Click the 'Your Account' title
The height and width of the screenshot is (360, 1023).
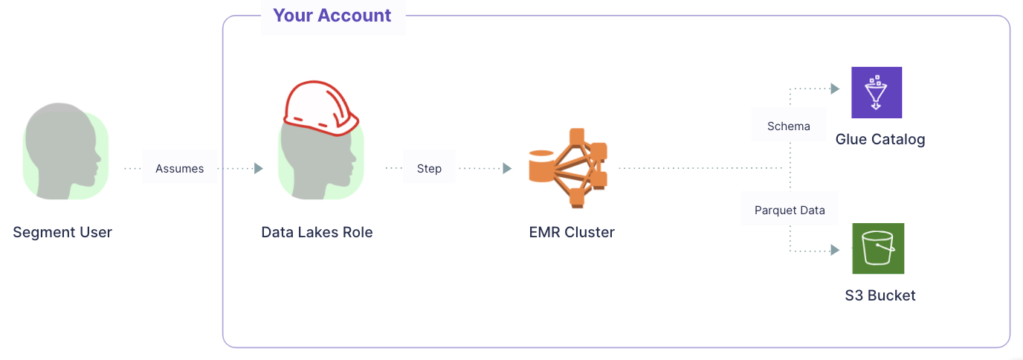(x=332, y=16)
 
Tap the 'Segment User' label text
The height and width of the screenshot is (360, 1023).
(x=62, y=232)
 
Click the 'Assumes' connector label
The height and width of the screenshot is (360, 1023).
(x=179, y=169)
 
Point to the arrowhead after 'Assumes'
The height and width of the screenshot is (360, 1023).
(x=259, y=169)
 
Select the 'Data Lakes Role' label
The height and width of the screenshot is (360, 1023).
(x=317, y=232)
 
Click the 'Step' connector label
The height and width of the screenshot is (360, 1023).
(x=429, y=169)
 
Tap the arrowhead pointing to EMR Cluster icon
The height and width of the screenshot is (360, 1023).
(x=507, y=169)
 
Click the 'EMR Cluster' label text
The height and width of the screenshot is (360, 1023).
(x=571, y=232)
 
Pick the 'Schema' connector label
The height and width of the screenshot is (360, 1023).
(x=788, y=126)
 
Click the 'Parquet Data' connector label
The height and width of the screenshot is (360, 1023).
(x=790, y=210)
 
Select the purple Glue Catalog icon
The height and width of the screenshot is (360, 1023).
(x=877, y=92)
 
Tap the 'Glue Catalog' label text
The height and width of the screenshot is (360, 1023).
(x=880, y=139)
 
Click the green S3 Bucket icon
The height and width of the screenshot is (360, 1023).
(x=878, y=249)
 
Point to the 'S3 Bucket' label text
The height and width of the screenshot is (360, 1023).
(x=880, y=295)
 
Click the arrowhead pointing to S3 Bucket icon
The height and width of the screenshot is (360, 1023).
(x=835, y=251)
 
